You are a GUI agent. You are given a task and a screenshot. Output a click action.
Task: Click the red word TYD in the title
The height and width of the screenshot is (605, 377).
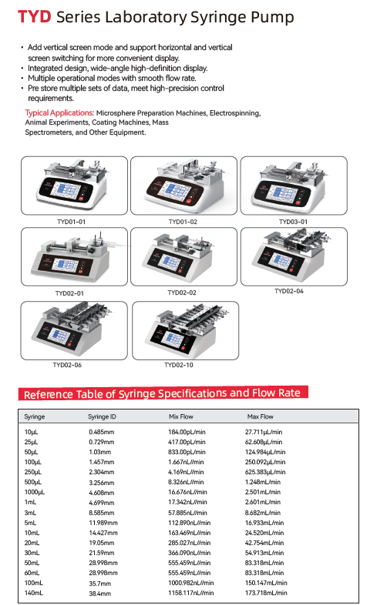(x=35, y=17)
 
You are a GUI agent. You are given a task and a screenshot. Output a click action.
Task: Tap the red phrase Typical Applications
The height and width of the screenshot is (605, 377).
(x=59, y=112)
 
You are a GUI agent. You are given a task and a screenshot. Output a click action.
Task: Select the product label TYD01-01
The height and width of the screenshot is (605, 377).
(x=71, y=222)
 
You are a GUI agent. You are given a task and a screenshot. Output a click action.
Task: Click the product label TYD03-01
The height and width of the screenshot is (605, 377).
(x=293, y=222)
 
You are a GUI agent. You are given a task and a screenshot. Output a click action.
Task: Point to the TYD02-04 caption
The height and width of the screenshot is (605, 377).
(x=289, y=291)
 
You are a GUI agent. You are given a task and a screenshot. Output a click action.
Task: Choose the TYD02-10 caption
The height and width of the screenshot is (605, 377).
(x=178, y=365)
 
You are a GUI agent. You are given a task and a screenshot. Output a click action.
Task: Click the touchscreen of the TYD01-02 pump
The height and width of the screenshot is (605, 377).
(x=177, y=189)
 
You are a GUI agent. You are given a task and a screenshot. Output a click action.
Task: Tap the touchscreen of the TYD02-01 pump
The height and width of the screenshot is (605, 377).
(x=66, y=265)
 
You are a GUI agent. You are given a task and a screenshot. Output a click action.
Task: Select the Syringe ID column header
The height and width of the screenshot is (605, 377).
(x=102, y=416)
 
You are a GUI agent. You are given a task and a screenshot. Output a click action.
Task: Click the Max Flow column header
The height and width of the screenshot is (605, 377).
(x=261, y=416)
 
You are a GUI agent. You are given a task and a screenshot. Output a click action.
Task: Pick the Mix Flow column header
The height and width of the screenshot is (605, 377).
(x=180, y=416)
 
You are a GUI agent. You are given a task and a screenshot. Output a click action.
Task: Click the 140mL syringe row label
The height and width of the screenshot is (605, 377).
(x=34, y=593)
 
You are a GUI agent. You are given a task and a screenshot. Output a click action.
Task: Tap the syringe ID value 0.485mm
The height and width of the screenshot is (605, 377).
(x=102, y=432)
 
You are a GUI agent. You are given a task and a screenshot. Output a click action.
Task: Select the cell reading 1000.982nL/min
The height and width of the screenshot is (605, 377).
(x=191, y=583)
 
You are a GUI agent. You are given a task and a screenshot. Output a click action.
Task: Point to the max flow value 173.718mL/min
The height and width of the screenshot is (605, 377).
(x=266, y=593)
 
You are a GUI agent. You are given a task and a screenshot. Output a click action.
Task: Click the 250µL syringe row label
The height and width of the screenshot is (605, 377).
(x=33, y=473)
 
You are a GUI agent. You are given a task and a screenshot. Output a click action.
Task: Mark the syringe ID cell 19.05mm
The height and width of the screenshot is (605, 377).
(x=102, y=543)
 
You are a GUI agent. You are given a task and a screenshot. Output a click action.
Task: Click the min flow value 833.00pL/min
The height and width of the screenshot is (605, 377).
(x=187, y=452)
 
